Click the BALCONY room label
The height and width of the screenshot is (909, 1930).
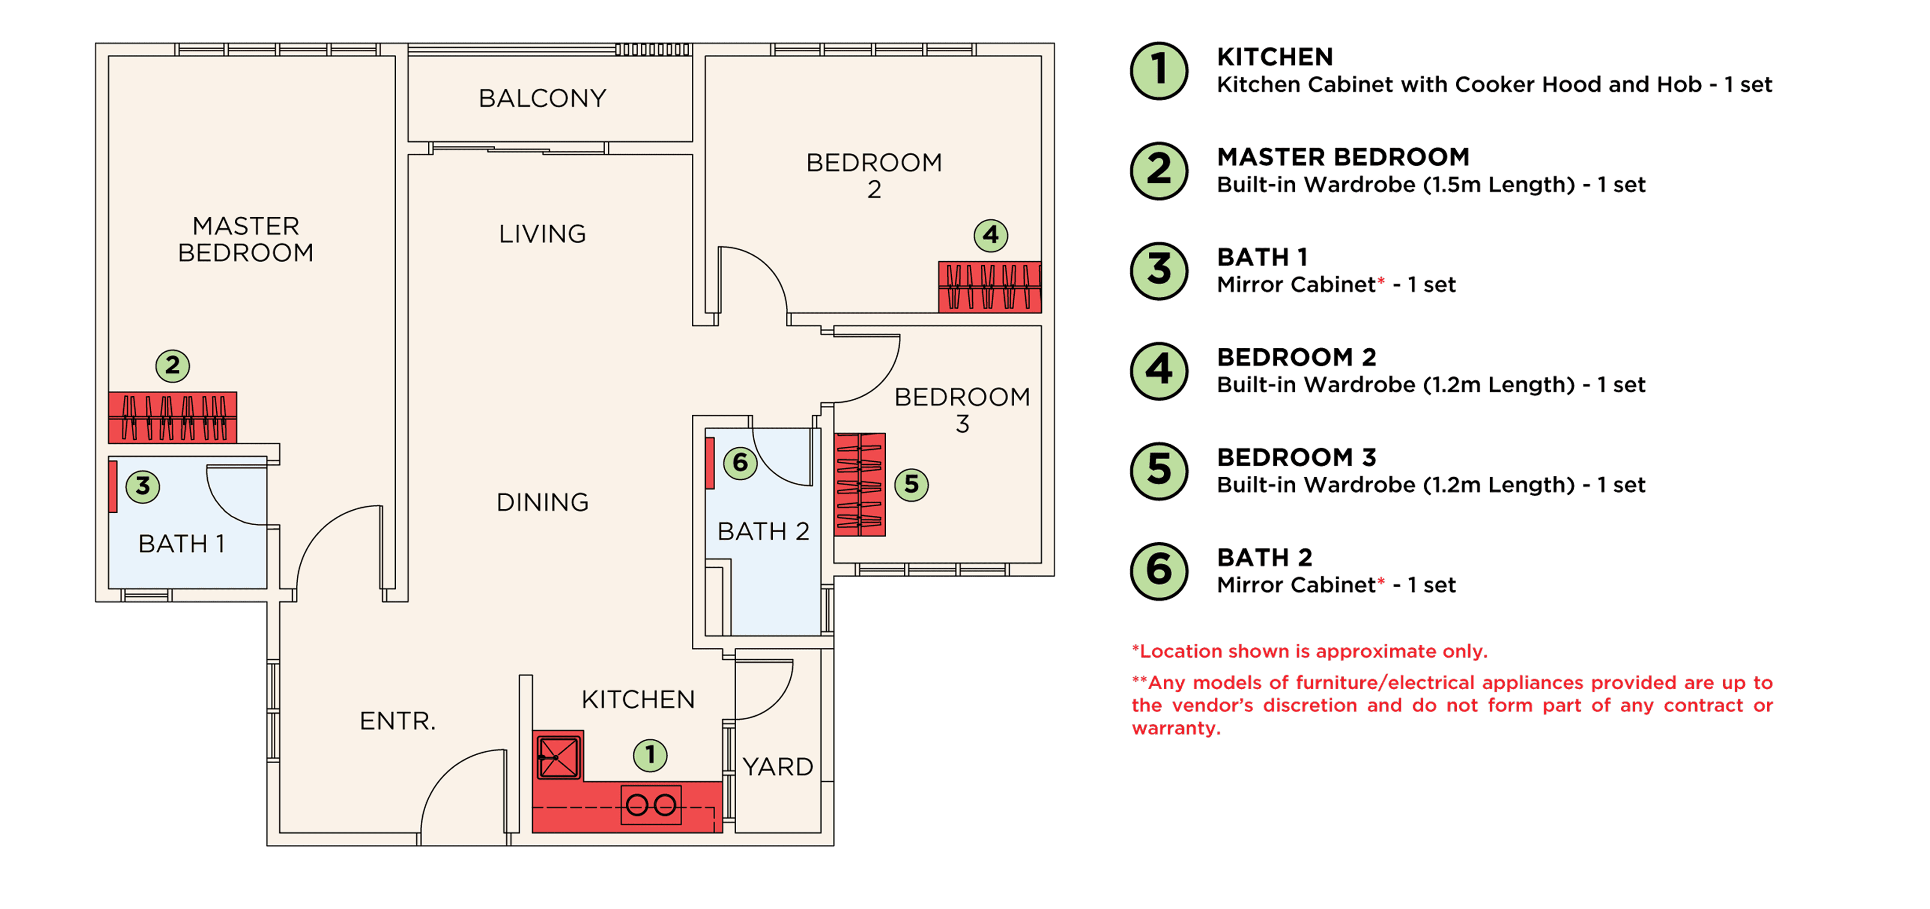(x=542, y=98)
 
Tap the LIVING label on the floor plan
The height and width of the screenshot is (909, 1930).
(x=542, y=234)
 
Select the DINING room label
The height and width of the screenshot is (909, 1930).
(x=542, y=502)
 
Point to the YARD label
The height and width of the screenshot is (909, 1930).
(x=778, y=767)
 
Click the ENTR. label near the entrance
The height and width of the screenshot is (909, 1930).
(x=397, y=721)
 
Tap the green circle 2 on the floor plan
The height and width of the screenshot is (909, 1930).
(x=172, y=366)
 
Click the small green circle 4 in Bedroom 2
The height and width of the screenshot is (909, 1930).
(x=990, y=235)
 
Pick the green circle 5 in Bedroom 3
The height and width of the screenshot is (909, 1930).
(x=911, y=484)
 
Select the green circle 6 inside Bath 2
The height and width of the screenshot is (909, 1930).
(x=740, y=462)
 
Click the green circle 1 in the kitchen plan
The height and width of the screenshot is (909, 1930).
(x=650, y=755)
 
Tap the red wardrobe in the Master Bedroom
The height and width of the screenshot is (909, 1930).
(x=172, y=417)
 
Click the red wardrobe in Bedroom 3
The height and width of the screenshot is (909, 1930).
(x=860, y=484)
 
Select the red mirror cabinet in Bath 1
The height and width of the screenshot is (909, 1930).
(x=113, y=486)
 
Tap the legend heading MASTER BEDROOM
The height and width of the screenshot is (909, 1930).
(x=1343, y=157)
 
